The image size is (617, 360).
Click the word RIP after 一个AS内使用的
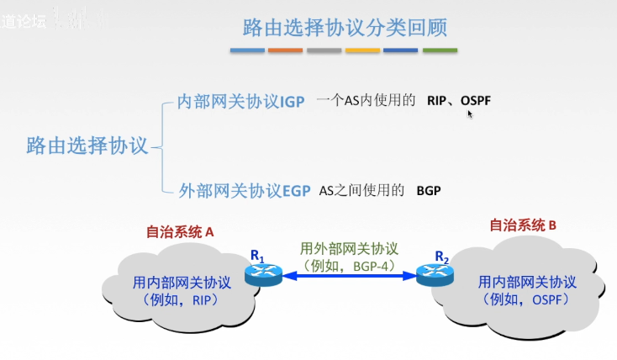click(435, 101)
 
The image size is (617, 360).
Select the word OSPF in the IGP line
click(476, 101)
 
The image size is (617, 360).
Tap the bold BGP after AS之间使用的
click(429, 191)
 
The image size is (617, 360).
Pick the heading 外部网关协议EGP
click(245, 190)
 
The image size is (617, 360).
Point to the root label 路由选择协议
click(87, 145)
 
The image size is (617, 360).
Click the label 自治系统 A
click(181, 230)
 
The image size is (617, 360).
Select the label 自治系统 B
click(524, 225)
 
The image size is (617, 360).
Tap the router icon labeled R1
click(260, 273)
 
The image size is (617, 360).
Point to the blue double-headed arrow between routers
click(348, 274)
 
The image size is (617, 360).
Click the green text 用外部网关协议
click(349, 249)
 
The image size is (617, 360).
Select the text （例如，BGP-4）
click(349, 264)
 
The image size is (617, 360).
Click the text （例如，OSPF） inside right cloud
click(526, 299)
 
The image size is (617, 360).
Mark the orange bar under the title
click(286, 50)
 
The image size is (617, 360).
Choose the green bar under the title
click(440, 50)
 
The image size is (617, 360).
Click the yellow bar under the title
click(362, 50)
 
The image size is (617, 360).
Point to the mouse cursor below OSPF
click(470, 114)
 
